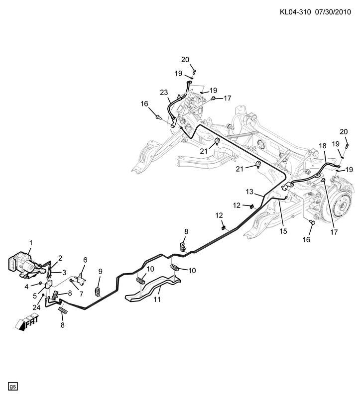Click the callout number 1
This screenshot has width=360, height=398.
tap(30, 243)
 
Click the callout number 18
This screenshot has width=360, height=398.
tap(322, 146)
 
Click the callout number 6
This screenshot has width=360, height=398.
tap(85, 260)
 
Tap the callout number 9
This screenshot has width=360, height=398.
tap(100, 271)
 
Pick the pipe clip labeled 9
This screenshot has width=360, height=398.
tap(98, 291)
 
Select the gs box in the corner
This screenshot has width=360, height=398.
tap(13, 386)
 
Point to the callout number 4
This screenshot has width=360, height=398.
tap(27, 287)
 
